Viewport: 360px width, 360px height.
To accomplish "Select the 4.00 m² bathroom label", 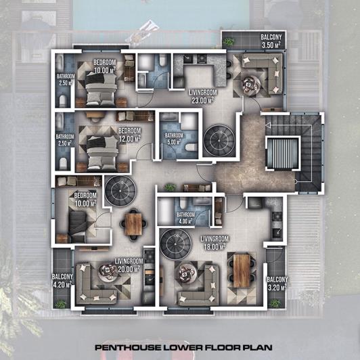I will click(186, 218).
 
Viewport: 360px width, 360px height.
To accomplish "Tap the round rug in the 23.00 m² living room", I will click(219, 140).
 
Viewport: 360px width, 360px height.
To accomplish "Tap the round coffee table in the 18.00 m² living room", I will click(187, 274).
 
